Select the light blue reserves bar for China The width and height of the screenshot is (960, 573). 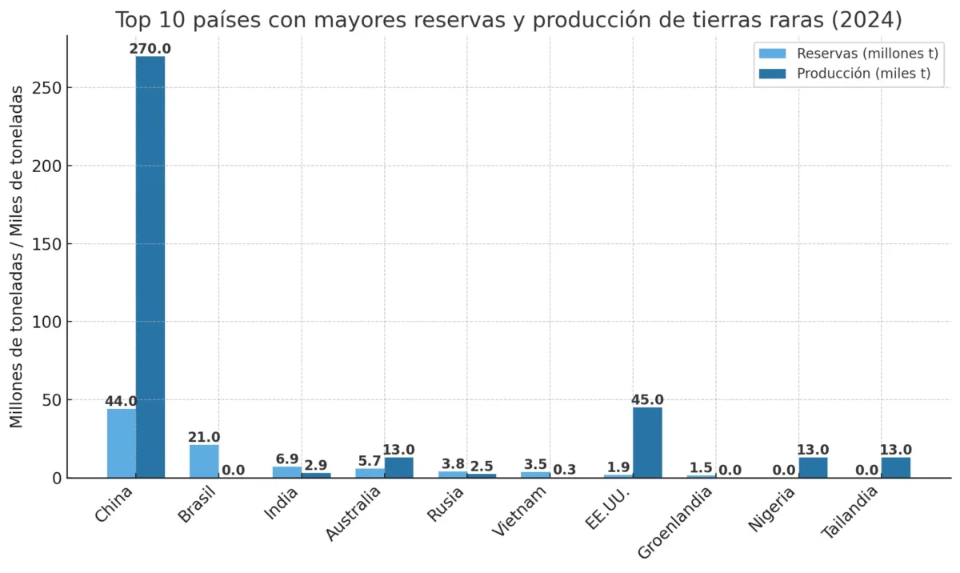(122, 443)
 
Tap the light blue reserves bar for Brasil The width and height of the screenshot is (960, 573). (204, 461)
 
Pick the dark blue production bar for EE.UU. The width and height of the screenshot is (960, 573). (647, 443)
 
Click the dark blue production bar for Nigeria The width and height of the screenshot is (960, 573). (813, 468)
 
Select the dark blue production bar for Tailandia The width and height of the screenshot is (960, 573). (896, 468)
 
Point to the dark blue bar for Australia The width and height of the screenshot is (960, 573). (399, 468)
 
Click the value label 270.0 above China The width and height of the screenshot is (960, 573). (150, 49)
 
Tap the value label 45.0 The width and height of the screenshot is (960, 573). (647, 400)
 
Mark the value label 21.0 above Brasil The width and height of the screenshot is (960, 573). (204, 438)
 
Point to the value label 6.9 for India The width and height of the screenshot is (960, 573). (286, 459)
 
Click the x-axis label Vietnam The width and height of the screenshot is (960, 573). (520, 513)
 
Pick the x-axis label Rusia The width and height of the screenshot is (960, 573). (445, 505)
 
